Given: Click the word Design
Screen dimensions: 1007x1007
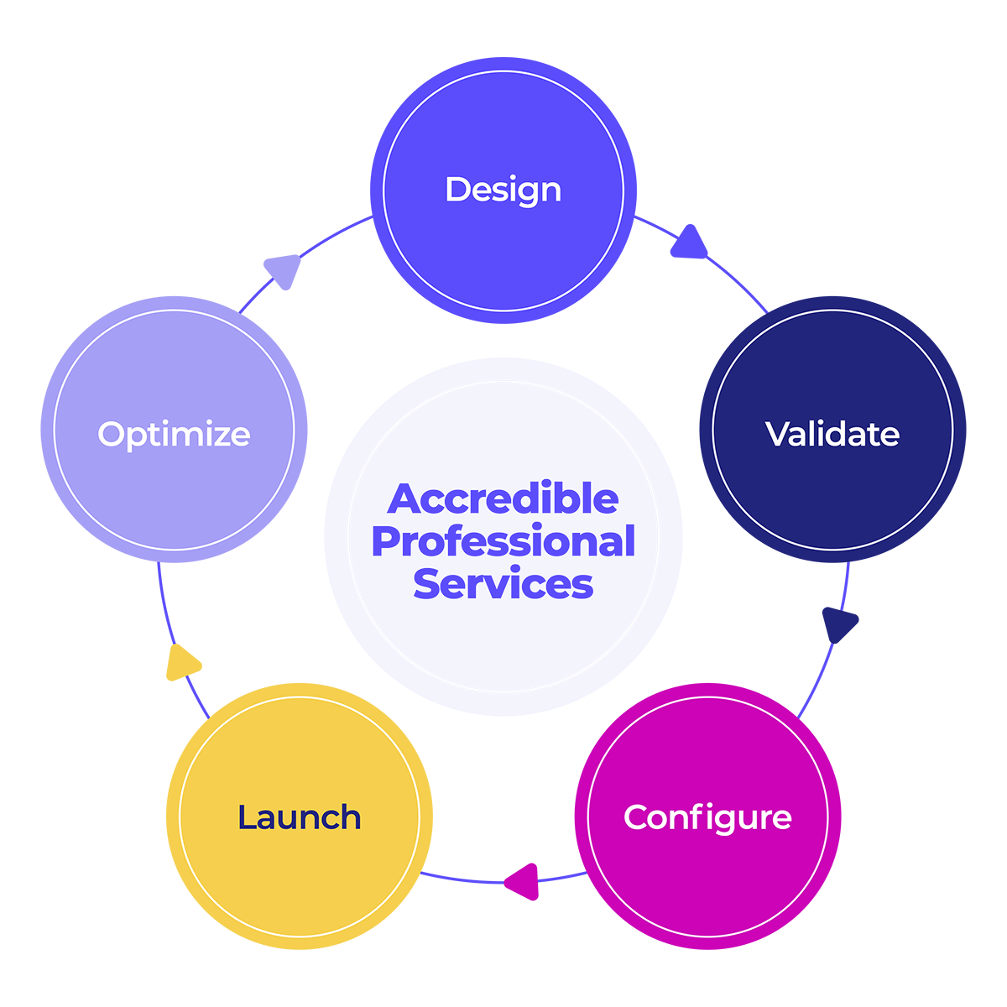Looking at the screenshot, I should pos(503,190).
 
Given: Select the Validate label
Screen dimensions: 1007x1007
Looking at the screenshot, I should pos(832,434).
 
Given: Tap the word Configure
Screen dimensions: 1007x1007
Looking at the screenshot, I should pos(707,817).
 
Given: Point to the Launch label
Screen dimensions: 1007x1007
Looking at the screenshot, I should pos(299,817).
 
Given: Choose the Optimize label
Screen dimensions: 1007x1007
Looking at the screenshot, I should pos(174,434).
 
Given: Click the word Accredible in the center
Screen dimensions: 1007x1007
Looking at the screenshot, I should pos(503,499).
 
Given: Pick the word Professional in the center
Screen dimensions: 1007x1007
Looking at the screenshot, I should pos(503,542).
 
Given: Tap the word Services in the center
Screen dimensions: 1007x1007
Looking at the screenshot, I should pos(503,584).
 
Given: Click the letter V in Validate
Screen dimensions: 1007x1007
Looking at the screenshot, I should pos(776,434).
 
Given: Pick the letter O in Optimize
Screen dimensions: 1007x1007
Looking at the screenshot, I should pos(112,434).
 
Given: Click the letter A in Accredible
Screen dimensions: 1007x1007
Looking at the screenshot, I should pos(404,499).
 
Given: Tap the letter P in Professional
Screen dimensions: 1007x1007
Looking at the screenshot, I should pos(386,542).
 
